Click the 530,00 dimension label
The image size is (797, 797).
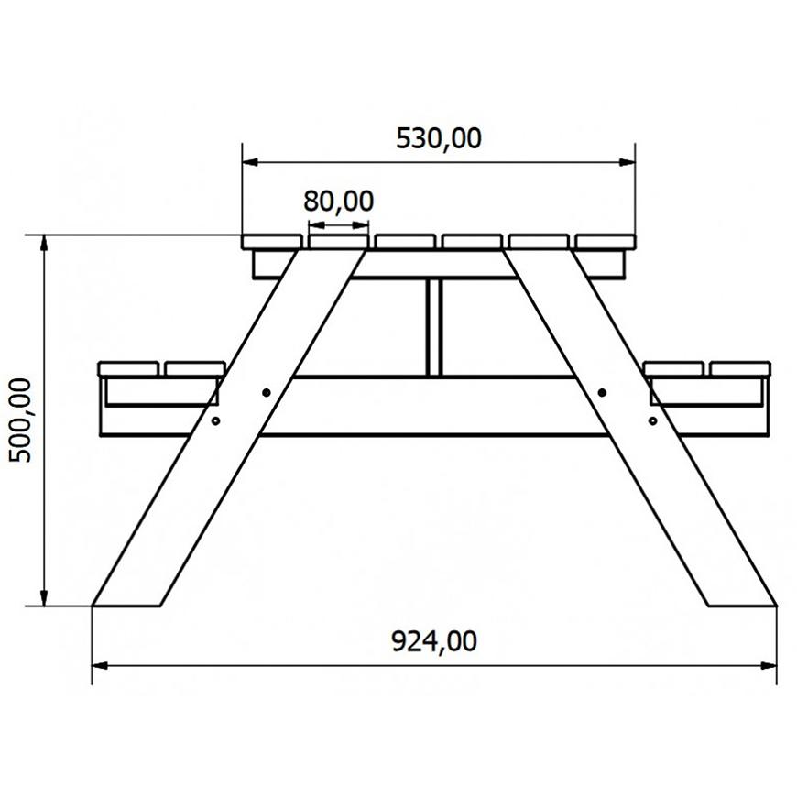point(438,138)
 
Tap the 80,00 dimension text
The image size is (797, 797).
point(339,201)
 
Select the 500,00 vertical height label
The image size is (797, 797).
point(20,420)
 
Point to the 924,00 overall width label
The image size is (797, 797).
point(434,641)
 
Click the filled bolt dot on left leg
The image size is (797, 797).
point(266,392)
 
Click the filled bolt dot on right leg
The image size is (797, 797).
point(602,392)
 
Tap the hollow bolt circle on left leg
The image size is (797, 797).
point(215,420)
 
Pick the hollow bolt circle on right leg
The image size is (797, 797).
point(652,420)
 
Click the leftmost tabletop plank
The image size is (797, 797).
point(272,242)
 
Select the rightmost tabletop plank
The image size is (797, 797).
point(606,242)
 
